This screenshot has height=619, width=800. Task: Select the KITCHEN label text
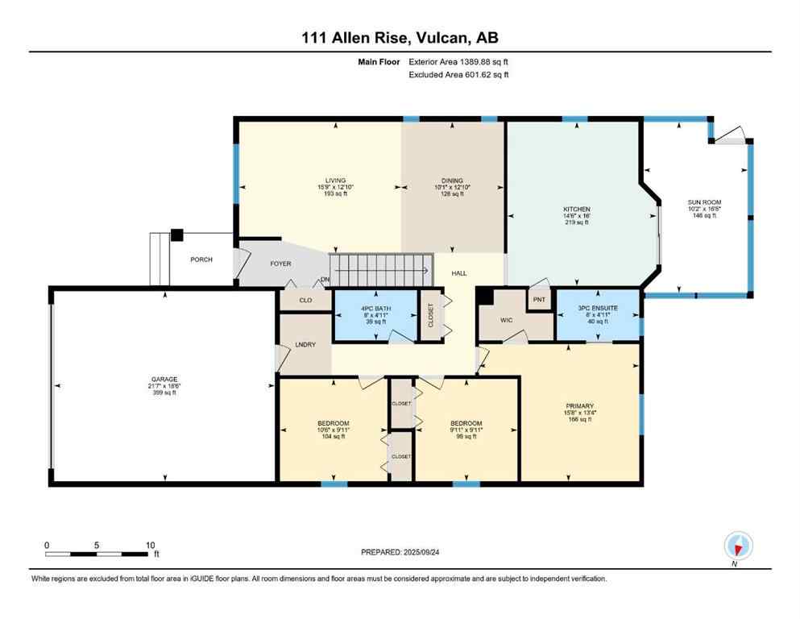[x=576, y=209]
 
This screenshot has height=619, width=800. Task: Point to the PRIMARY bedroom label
[x=579, y=405]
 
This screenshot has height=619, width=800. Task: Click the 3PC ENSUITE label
[x=597, y=307]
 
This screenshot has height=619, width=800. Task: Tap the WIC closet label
[x=506, y=320]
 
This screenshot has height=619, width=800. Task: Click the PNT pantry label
[x=538, y=299]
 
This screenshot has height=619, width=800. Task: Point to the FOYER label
[x=280, y=264]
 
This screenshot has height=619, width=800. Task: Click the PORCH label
[x=201, y=260]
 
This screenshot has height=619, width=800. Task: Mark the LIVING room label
[x=335, y=181]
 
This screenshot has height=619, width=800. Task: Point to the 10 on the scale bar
[x=149, y=546]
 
